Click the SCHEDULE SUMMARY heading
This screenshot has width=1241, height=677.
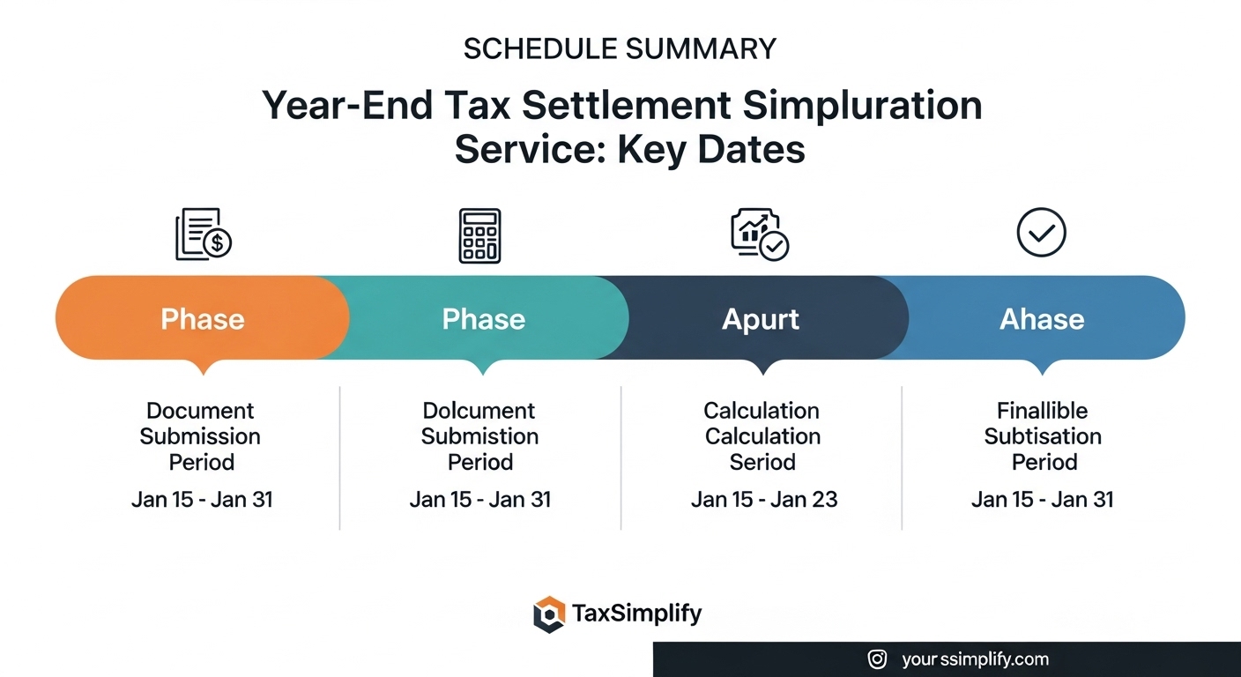coord(620,48)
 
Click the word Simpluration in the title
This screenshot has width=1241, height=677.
coord(862,106)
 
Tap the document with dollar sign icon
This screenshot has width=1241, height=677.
coord(204,234)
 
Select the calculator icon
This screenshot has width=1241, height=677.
coord(479,235)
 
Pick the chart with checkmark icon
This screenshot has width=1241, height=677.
coord(760,234)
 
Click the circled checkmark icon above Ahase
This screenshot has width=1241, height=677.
coord(1042,232)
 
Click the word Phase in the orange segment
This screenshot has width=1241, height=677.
coord(203,319)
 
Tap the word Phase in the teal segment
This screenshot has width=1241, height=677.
coord(484,319)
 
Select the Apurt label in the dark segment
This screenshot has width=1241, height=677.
coord(761,320)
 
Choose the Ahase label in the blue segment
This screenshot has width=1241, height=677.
coord(1042,319)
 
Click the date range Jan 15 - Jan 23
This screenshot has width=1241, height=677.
coord(764,500)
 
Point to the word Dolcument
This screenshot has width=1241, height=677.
coord(479,411)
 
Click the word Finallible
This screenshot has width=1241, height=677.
coord(1042,411)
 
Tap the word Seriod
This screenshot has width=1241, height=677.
coord(762,462)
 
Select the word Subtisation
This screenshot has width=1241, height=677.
coord(1043,436)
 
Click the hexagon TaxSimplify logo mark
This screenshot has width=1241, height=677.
coord(549,614)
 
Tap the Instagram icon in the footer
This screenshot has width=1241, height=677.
coord(877,659)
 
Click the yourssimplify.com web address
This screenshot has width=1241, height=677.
coord(975,659)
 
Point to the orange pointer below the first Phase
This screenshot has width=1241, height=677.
coord(204,367)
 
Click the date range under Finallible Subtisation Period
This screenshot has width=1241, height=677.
coord(1042,500)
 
